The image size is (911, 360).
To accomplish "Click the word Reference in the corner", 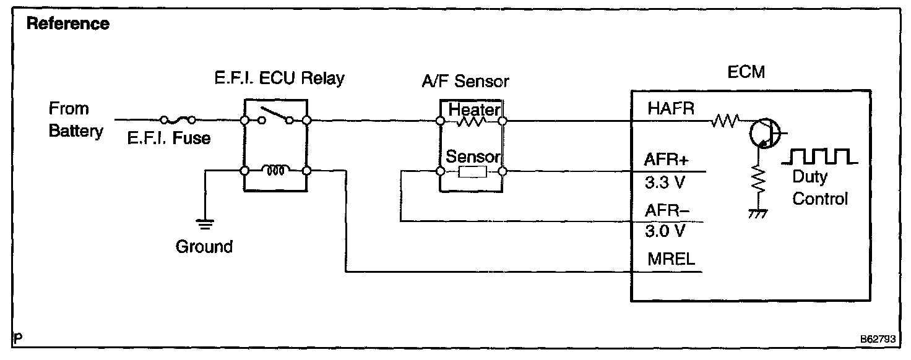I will coord(68,25).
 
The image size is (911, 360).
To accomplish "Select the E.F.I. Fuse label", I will coord(169,139).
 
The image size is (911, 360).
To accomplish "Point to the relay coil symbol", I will coord(274,169).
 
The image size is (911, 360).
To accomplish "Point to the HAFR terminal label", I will coord(671,109).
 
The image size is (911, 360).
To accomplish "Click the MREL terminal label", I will coord(671,259).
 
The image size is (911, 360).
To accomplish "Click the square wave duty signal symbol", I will coord(819,156).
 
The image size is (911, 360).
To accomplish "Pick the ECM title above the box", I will coord(747,72).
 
